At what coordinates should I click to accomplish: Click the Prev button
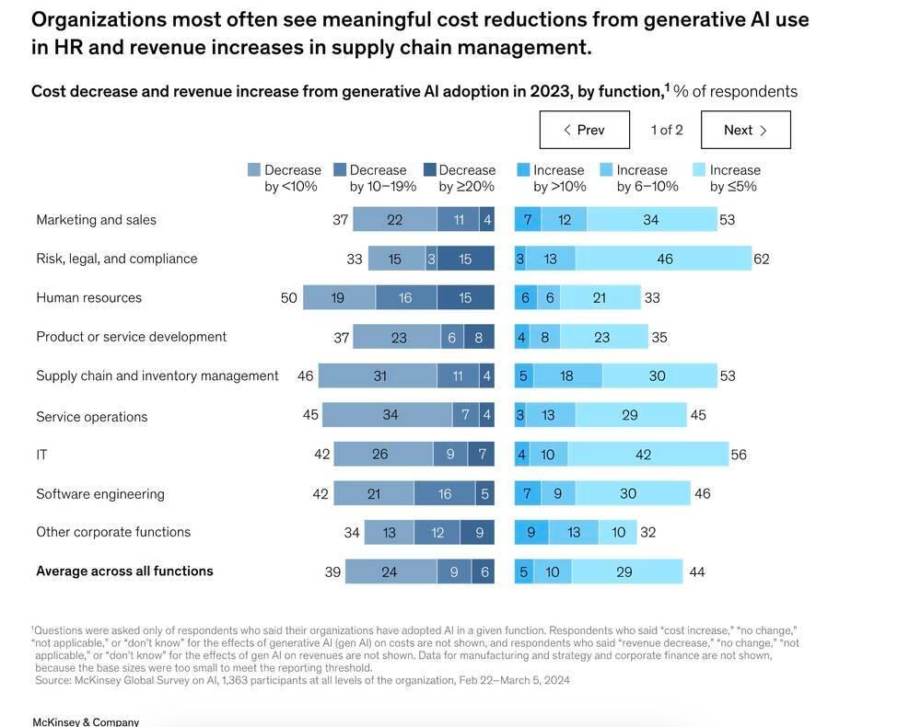[x=584, y=130]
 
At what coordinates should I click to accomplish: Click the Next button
[x=745, y=130]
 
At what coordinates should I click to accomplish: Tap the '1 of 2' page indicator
[x=667, y=130]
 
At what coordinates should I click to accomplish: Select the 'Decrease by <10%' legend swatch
[x=254, y=170]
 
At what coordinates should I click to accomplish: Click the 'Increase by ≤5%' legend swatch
[x=699, y=170]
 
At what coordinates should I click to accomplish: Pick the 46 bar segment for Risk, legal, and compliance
[x=664, y=259]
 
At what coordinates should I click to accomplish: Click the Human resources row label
[x=89, y=297]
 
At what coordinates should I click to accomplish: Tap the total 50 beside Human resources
[x=289, y=297]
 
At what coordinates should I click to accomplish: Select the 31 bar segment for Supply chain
[x=379, y=375]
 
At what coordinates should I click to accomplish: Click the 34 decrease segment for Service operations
[x=390, y=415]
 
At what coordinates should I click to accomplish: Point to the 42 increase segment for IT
[x=643, y=455]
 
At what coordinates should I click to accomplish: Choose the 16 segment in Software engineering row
[x=445, y=494]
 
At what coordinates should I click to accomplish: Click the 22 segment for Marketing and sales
[x=394, y=220]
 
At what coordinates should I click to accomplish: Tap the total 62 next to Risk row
[x=761, y=259]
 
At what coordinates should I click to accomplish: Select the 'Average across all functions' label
[x=124, y=571]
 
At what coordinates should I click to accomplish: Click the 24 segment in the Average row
[x=390, y=572]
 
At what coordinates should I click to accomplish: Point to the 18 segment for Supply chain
[x=567, y=375]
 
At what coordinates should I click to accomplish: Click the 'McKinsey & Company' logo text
[x=86, y=721]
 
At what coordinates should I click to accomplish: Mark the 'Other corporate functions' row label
[x=113, y=532]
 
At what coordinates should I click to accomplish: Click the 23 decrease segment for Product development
[x=398, y=338]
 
